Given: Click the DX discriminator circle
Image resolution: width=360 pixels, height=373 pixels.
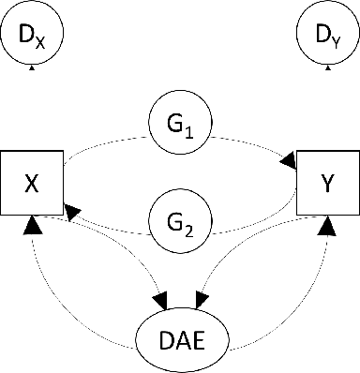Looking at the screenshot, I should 32,37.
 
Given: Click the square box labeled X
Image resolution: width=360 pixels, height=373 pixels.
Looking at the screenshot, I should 32,180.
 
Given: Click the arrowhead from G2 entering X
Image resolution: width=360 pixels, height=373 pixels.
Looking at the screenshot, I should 72,216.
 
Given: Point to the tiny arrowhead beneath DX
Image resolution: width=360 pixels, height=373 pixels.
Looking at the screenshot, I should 32,68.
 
